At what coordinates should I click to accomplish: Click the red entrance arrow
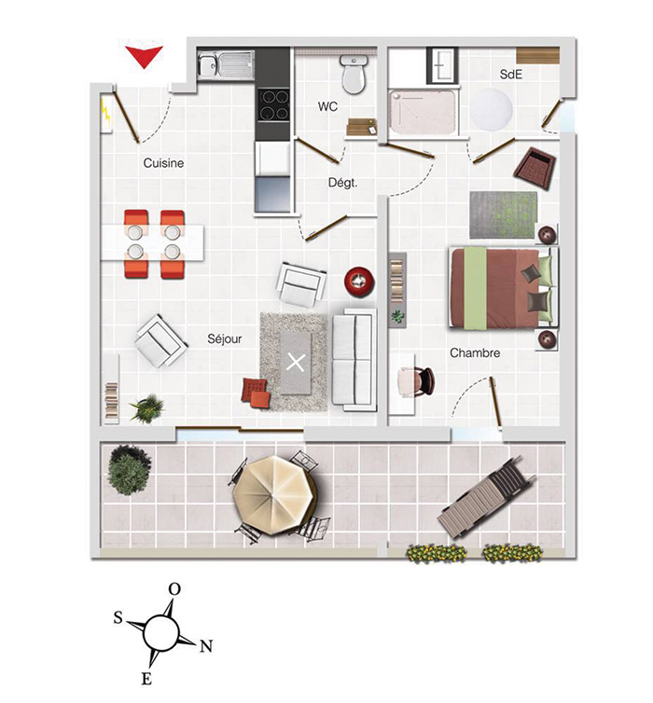tap(144, 56)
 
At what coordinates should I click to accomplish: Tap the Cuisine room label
tap(163, 163)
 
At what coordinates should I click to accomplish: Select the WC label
tap(327, 107)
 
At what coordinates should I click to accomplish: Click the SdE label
tap(511, 74)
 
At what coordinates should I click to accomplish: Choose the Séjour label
tap(225, 339)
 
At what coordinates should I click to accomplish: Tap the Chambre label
tap(475, 353)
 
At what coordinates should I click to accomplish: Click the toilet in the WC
tap(353, 75)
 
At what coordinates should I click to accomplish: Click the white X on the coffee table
tap(297, 362)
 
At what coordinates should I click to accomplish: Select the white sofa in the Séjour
tap(354, 359)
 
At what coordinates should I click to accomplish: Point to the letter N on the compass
tap(207, 646)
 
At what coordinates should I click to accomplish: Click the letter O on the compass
tap(174, 589)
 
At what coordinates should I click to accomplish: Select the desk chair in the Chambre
tap(416, 380)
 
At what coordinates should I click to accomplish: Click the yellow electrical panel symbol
tap(105, 113)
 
